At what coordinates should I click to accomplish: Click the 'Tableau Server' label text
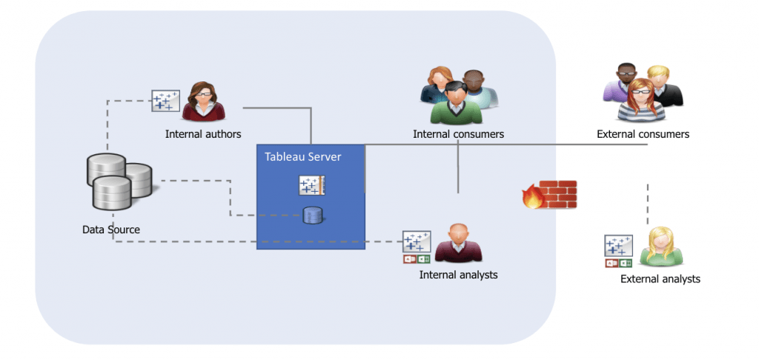point(302,157)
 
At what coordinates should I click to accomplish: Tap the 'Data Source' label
point(111,230)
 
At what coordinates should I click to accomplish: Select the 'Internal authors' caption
point(203,134)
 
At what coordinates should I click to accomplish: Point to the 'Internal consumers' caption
point(458,134)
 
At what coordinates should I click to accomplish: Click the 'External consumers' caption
point(643,134)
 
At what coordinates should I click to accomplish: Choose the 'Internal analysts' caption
point(458,275)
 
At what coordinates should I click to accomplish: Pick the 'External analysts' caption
point(660,279)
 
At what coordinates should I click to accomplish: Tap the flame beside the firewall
point(532,199)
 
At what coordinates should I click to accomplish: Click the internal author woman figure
point(203,101)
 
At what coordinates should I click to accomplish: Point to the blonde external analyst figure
point(661,246)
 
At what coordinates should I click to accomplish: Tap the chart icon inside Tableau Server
point(312,185)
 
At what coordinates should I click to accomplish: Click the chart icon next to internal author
point(165,101)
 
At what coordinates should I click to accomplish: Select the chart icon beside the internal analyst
point(417,241)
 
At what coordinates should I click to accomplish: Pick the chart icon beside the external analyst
point(618,246)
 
